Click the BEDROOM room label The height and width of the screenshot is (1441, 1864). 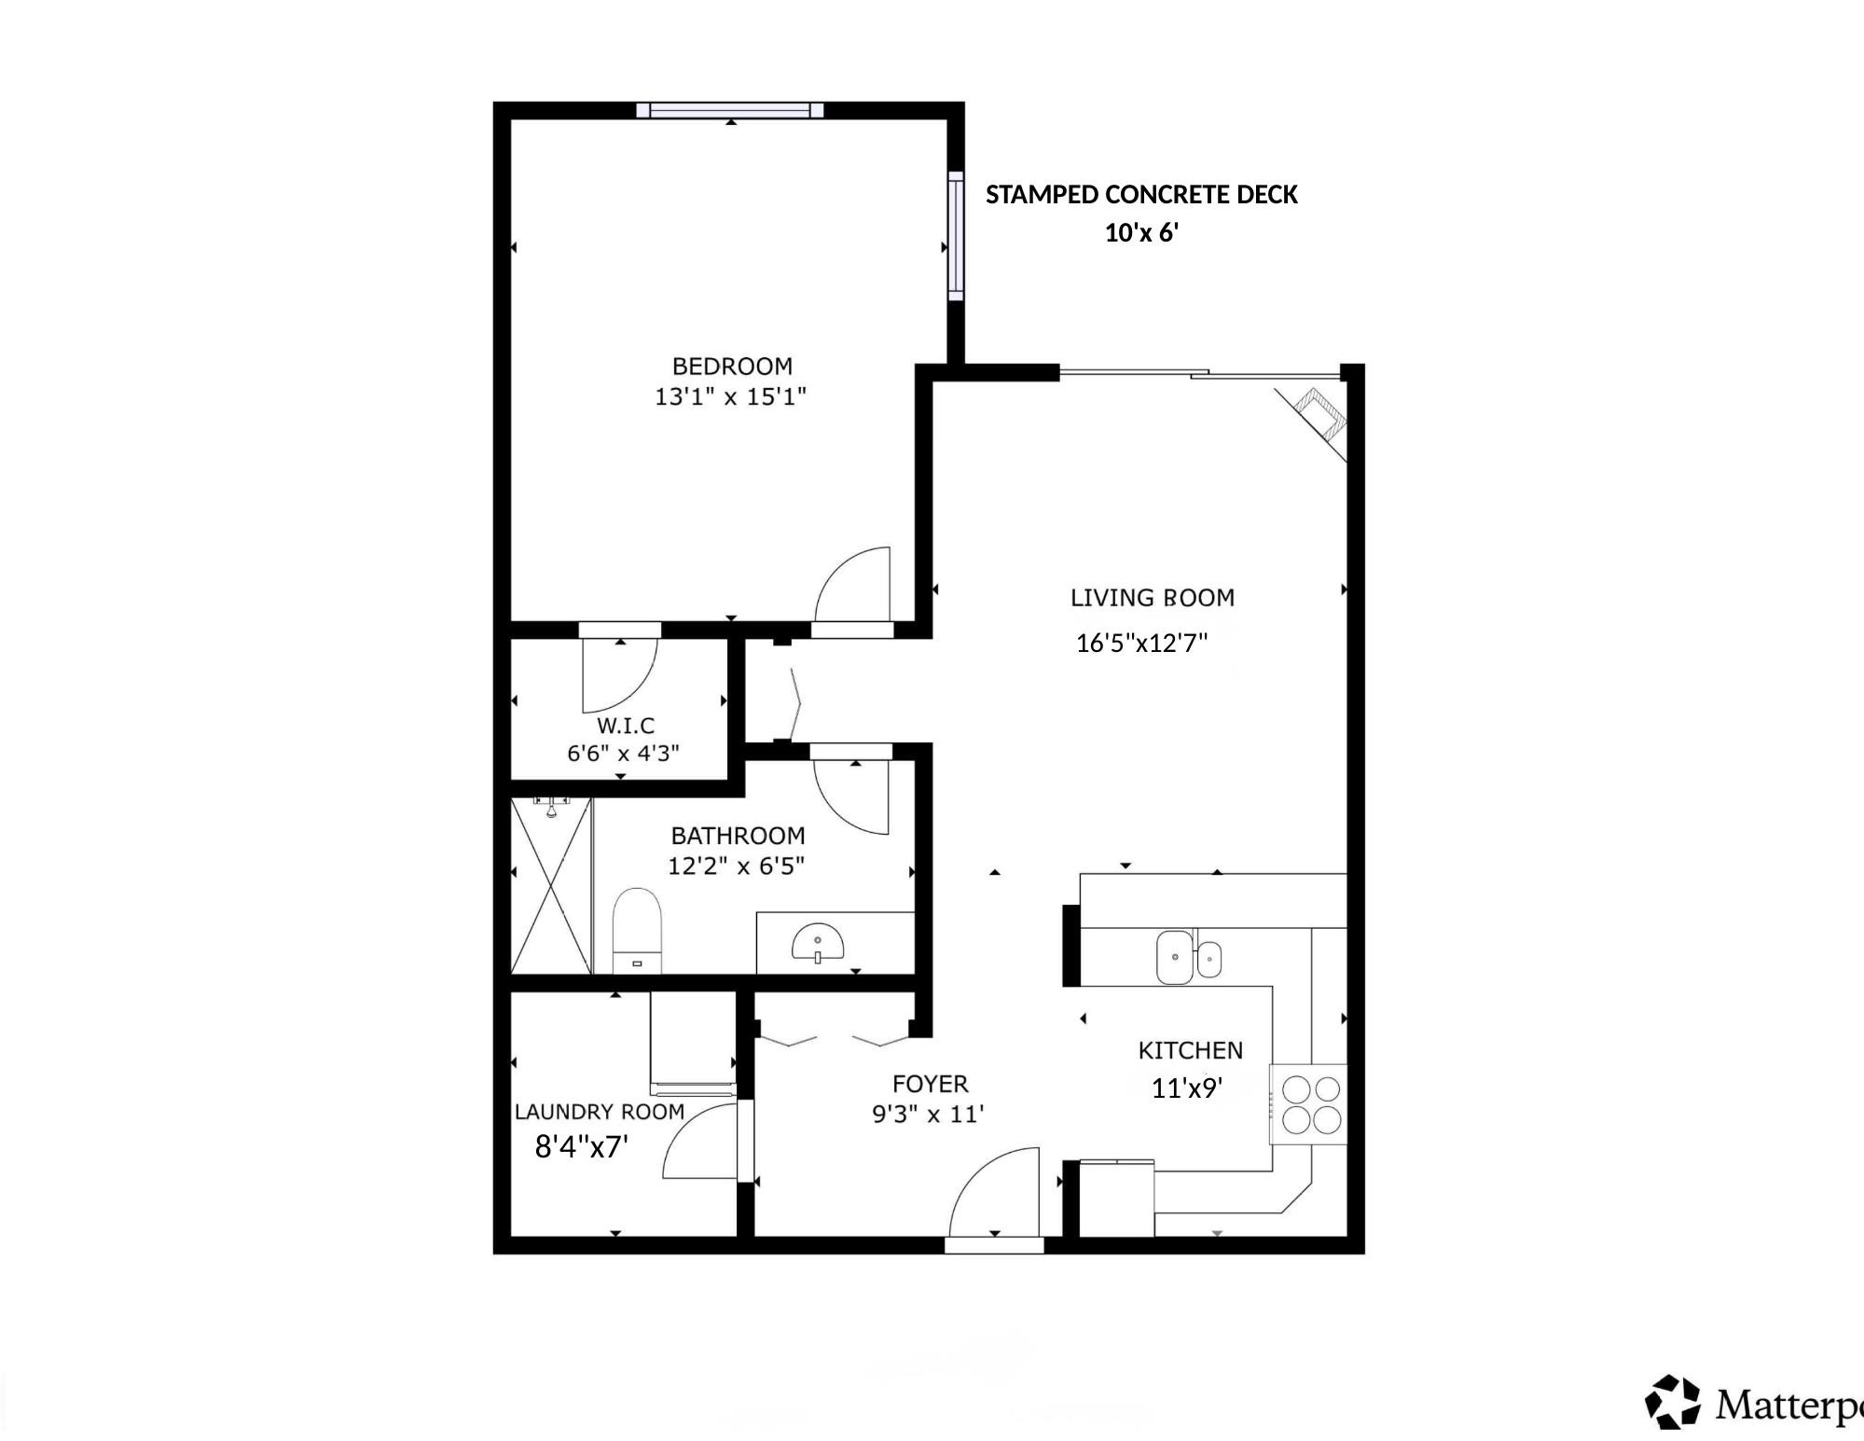pos(732,366)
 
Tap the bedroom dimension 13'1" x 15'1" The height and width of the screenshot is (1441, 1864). pos(730,396)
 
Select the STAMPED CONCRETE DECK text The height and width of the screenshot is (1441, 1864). pos(1141,194)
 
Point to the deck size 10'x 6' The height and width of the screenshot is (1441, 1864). pos(1141,233)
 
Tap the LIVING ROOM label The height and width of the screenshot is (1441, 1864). pos(1152,598)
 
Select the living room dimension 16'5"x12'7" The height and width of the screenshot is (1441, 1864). pos(1141,643)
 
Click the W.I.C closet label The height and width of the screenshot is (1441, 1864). pos(626,725)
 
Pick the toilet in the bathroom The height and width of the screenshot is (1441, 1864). pos(636,930)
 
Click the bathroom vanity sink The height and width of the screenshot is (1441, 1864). pos(818,943)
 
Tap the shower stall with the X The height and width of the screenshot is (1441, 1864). pos(551,886)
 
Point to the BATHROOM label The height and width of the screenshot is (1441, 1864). pos(738,836)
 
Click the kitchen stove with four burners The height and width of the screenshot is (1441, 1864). pos(1310,1104)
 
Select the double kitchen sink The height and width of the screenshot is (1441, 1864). pos(1187,957)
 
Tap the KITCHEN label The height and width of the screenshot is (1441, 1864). pos(1190,1050)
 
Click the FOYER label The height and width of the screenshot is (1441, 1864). pos(930,1084)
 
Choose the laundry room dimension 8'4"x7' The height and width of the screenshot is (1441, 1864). pos(581,1146)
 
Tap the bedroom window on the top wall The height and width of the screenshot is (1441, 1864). pos(730,110)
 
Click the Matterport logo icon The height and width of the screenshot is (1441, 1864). pos(1673,1401)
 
